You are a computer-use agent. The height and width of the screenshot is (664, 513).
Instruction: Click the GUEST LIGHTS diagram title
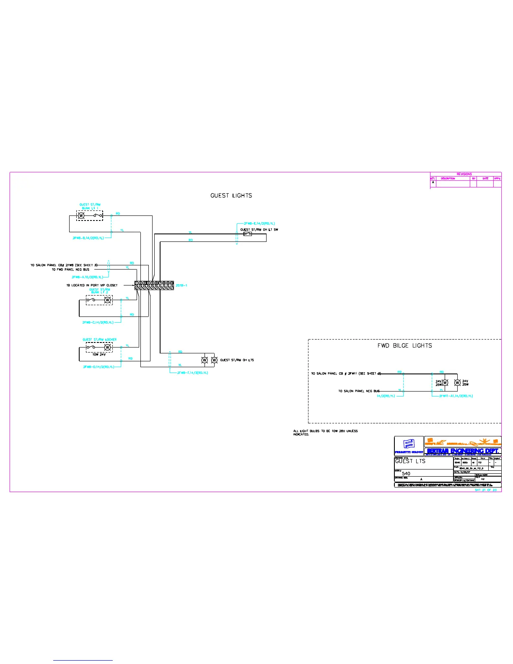(x=231, y=195)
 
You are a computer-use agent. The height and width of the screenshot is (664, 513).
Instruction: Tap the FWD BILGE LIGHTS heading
(x=404, y=345)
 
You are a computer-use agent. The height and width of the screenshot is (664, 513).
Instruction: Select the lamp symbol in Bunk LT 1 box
(x=82, y=216)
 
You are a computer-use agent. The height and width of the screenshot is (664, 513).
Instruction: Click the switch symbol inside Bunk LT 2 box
(x=91, y=300)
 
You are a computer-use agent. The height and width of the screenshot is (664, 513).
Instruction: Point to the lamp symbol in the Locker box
(x=108, y=348)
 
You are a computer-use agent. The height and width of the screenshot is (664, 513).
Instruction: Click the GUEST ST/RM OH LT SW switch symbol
(x=248, y=234)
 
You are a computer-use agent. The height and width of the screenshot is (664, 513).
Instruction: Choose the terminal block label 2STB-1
(x=181, y=285)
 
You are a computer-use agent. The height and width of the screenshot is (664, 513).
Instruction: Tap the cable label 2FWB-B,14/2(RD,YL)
(x=88, y=238)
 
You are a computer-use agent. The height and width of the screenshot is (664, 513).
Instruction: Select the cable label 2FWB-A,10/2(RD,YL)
(x=87, y=277)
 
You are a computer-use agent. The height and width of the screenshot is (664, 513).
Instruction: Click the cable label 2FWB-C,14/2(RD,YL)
(x=98, y=322)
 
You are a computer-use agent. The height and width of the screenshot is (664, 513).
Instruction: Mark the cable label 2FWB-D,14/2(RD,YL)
(x=98, y=367)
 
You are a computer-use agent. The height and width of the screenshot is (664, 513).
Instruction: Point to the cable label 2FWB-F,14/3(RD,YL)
(x=192, y=373)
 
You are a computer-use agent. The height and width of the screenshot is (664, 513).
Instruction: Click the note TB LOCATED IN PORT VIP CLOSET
(x=92, y=285)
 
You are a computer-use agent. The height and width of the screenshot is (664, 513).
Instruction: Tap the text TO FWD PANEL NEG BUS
(x=70, y=270)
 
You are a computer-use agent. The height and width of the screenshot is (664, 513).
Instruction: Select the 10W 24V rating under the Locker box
(x=99, y=355)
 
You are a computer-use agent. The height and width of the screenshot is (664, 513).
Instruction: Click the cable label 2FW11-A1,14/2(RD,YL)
(x=456, y=396)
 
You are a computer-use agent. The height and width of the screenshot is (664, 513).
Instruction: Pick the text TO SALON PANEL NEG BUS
(x=359, y=391)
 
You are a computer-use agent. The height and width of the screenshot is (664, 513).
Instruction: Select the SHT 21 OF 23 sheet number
(x=485, y=490)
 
